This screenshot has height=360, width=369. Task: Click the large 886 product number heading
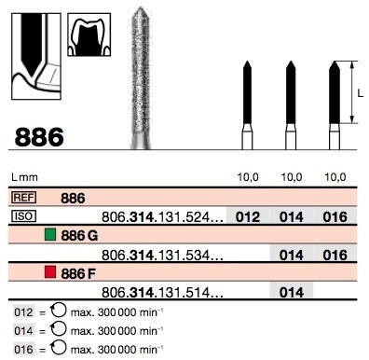39,137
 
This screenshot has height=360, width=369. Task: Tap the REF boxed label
23,198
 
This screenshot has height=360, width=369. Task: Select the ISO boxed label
23,216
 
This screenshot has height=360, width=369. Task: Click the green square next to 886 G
50,235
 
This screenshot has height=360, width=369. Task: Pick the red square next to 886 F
50,272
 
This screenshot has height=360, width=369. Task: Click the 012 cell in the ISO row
248,217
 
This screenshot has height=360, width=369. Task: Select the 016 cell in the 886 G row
335,256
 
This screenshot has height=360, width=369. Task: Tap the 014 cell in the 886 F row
292,293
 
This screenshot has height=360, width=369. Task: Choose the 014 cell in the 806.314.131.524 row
292,217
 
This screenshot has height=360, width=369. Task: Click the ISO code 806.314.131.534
162,256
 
